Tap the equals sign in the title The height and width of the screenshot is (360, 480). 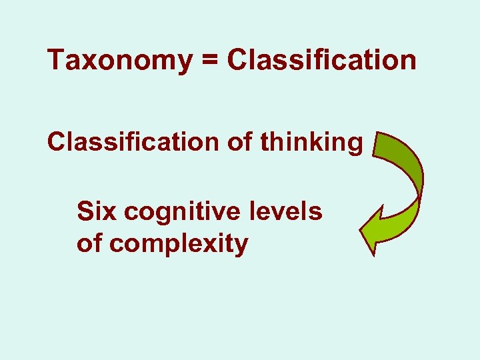coord(208,61)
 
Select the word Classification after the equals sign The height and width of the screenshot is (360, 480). coord(322,60)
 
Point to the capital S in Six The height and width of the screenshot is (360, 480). coord(85,212)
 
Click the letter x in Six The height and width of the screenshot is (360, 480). coord(111,213)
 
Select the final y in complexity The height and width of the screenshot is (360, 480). coord(241,247)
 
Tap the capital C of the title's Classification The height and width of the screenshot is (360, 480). coord(237,61)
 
